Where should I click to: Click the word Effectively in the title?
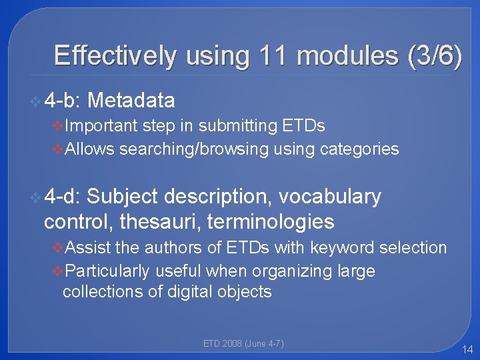point(115,55)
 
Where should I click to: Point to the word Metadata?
point(131,101)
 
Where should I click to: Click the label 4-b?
point(62,101)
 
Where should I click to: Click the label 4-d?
point(62,197)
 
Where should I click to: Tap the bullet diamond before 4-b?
point(36,101)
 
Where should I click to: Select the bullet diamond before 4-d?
point(36,197)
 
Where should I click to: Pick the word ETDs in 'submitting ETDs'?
point(305,125)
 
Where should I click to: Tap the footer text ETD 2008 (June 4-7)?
point(243,344)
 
